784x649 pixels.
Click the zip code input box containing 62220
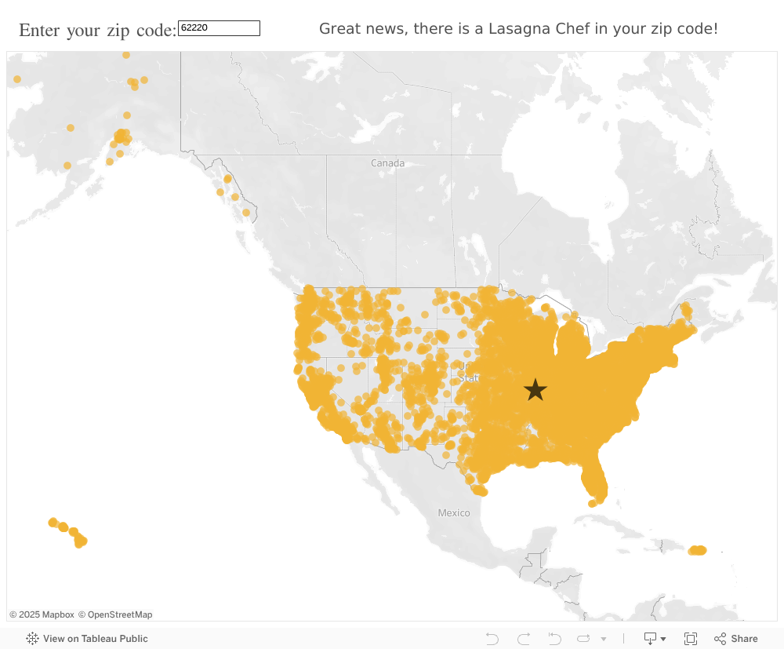point(219,28)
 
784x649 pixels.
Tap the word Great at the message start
point(340,29)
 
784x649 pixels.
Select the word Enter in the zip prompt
point(40,30)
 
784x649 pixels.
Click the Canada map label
point(388,163)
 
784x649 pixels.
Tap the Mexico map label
point(454,513)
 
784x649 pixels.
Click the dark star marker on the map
point(535,389)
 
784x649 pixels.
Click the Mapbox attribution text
point(42,614)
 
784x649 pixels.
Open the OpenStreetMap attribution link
point(115,614)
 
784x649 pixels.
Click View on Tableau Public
point(87,639)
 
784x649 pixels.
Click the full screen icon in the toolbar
point(691,639)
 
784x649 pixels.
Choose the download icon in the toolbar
point(651,639)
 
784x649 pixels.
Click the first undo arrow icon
point(492,639)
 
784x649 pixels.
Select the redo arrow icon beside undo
point(524,639)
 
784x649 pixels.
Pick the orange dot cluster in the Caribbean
point(697,550)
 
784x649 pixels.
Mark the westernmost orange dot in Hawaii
point(53,523)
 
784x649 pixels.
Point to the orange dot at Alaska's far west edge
point(17,79)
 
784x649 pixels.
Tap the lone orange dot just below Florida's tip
point(592,504)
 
